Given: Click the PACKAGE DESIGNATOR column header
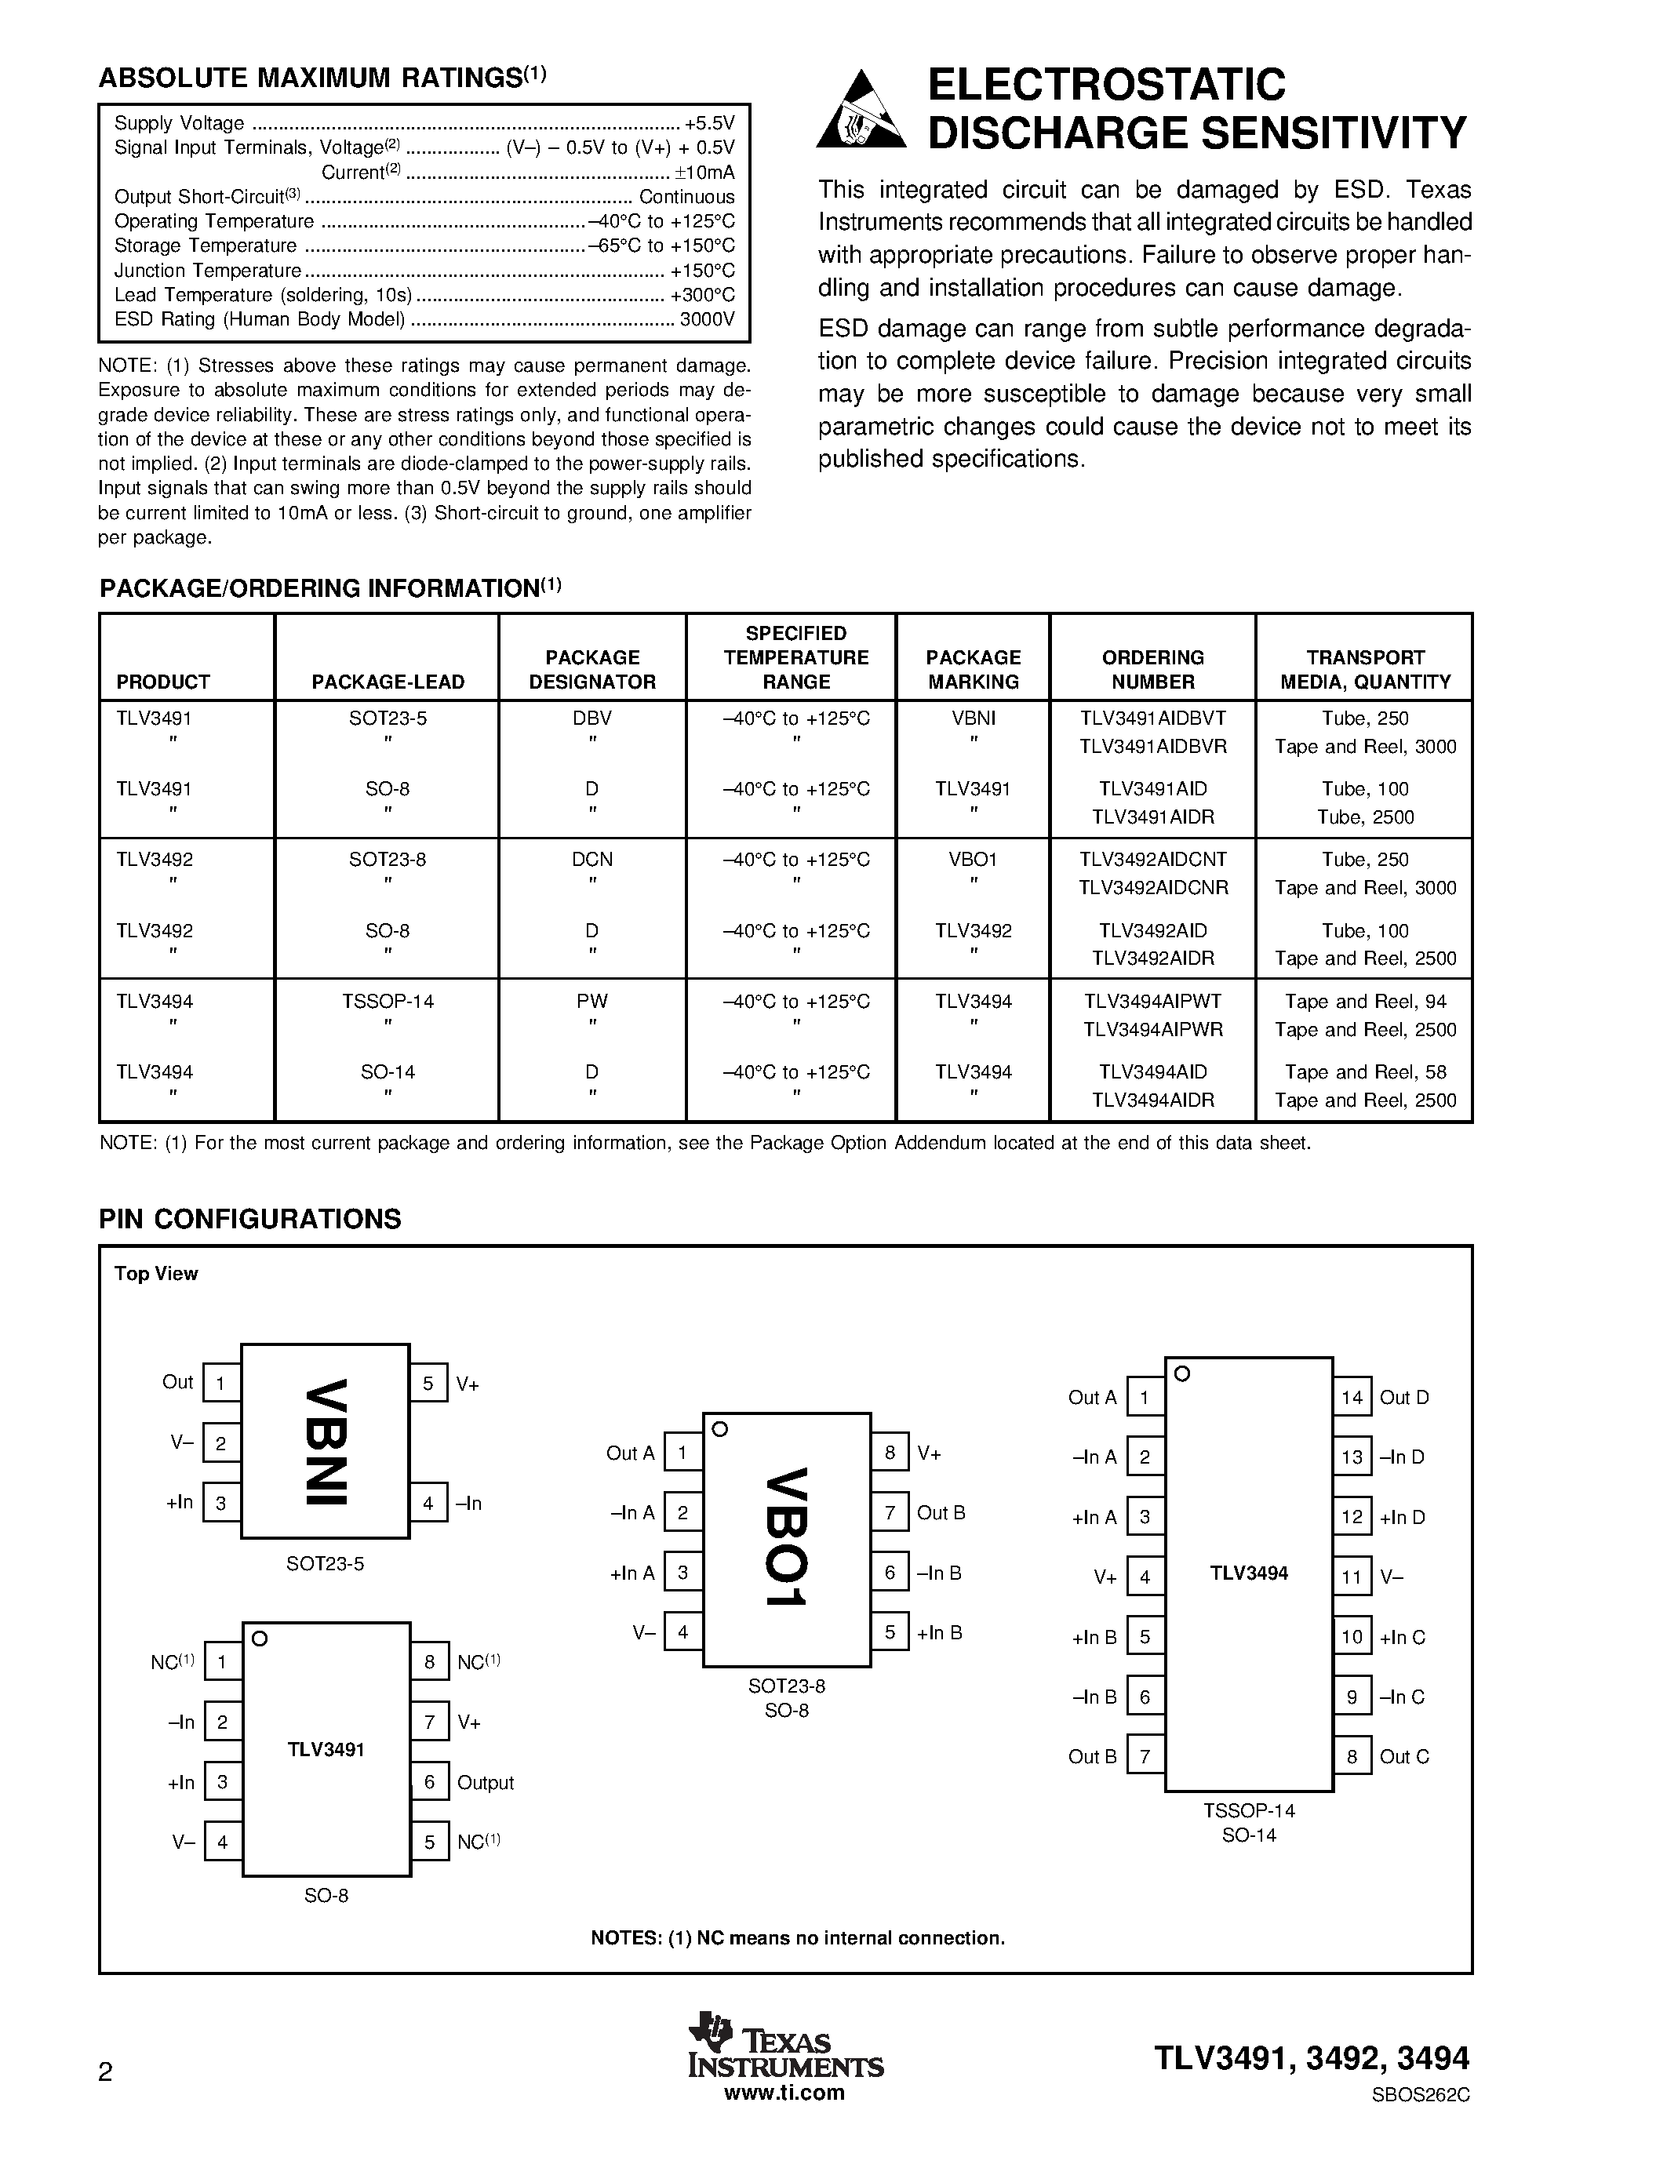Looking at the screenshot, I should (591, 670).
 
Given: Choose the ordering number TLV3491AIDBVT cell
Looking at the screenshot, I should (1152, 718).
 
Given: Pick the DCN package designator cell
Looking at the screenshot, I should (591, 859).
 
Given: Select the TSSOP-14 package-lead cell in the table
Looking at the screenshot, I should (387, 1001).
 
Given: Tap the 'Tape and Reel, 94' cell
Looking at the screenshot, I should (1365, 1001).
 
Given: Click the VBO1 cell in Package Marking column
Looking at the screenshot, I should (973, 859).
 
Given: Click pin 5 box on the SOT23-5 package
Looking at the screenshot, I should (428, 1383).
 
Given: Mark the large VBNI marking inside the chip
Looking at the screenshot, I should (326, 1441).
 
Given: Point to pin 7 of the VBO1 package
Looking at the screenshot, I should (890, 1512).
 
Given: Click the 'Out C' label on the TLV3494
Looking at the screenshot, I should (1404, 1756).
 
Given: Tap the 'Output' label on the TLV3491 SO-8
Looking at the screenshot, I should (485, 1783).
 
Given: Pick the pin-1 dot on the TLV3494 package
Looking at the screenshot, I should (1182, 1373).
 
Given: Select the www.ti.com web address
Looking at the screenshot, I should (784, 2092).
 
